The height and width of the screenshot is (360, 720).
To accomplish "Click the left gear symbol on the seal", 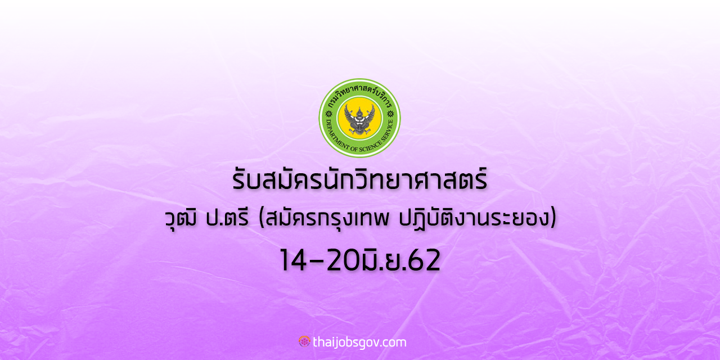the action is [328, 114].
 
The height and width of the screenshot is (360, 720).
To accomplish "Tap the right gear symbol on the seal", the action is [390, 114].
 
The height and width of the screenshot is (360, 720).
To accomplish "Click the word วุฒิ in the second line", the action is [181, 219].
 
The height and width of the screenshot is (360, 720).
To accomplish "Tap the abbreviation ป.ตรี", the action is [227, 219].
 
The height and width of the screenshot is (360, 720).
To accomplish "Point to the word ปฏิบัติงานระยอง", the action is [474, 219].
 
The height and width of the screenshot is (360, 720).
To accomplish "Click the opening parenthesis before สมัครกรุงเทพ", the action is [262, 219].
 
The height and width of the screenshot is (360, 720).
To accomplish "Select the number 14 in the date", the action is [293, 260].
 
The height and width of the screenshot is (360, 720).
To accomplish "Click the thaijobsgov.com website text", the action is [359, 343].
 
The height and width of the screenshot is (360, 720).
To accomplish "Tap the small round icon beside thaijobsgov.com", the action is [304, 341].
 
